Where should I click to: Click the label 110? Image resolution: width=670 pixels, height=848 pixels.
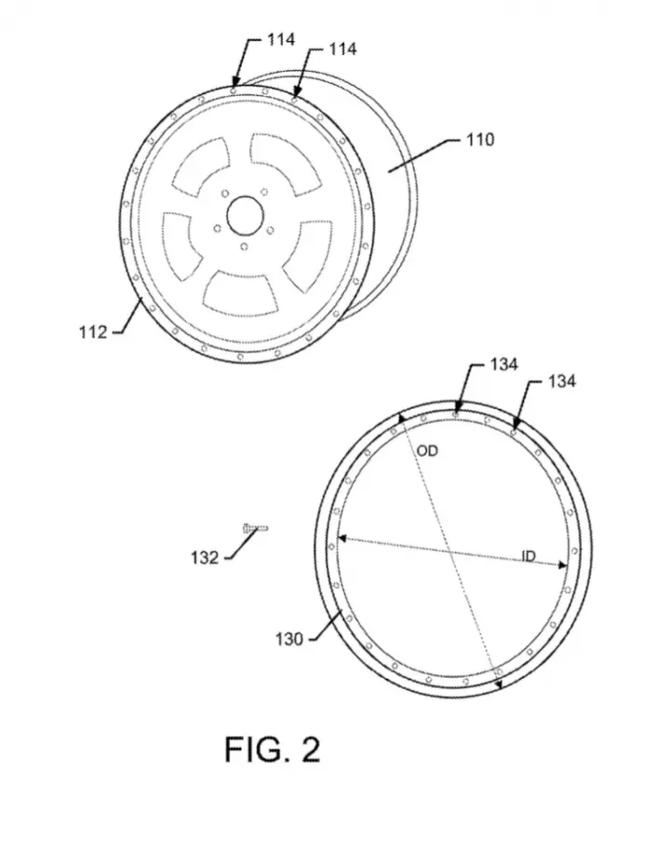click(x=480, y=140)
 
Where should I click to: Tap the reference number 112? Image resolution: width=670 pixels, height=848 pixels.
click(x=93, y=332)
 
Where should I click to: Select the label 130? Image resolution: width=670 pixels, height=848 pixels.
click(x=289, y=639)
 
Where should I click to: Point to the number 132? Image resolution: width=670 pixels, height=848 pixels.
click(x=205, y=558)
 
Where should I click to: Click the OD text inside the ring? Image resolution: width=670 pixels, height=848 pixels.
click(x=427, y=451)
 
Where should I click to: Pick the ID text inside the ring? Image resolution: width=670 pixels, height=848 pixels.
click(x=529, y=556)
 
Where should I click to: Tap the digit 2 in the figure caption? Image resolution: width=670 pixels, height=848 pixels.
click(x=310, y=749)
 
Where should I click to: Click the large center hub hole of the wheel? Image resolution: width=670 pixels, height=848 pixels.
click(x=245, y=216)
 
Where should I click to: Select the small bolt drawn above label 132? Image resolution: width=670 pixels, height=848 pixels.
click(x=255, y=529)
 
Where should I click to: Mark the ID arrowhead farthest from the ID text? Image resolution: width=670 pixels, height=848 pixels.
click(x=342, y=538)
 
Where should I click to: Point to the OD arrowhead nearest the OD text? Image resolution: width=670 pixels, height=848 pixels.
click(x=401, y=418)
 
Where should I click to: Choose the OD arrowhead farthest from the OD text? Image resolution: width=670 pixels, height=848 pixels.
click(x=499, y=683)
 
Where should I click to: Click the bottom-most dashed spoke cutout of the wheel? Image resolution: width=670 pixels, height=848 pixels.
click(x=241, y=293)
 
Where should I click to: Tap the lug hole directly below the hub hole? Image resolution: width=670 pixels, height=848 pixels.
click(x=245, y=247)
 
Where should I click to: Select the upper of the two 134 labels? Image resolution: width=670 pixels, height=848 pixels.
click(x=504, y=365)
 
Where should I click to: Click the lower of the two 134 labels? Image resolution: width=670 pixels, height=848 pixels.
click(x=562, y=382)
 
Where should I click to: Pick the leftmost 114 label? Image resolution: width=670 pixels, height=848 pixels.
click(x=281, y=40)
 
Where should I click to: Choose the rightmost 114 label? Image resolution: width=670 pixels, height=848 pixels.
click(x=342, y=49)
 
